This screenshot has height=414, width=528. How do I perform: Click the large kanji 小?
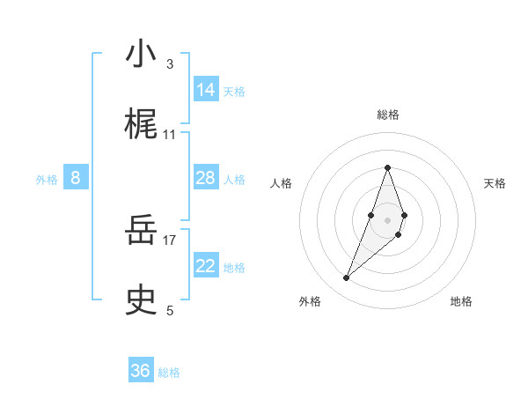click(141, 55)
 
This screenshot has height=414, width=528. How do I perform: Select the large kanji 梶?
click(141, 125)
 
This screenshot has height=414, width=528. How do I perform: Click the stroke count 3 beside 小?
click(170, 63)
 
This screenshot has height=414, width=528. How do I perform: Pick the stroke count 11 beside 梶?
click(170, 135)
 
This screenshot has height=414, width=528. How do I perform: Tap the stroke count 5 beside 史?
click(170, 310)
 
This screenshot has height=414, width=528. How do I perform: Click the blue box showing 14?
click(206, 90)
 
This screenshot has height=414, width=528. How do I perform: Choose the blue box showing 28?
click(206, 179)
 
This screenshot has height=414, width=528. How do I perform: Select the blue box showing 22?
click(206, 266)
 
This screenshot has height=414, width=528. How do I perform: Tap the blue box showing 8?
click(76, 179)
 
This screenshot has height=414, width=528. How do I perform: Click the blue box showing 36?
click(141, 371)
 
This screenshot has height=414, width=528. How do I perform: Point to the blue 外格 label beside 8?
click(47, 180)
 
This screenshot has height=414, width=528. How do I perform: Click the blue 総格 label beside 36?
click(170, 373)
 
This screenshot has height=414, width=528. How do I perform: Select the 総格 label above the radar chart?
click(387, 115)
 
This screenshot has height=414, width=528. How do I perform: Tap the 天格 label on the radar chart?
click(495, 183)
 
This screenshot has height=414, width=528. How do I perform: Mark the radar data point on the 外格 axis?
click(347, 278)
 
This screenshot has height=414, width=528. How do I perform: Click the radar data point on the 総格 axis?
click(387, 167)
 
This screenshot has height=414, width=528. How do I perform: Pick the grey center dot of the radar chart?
click(387, 220)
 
